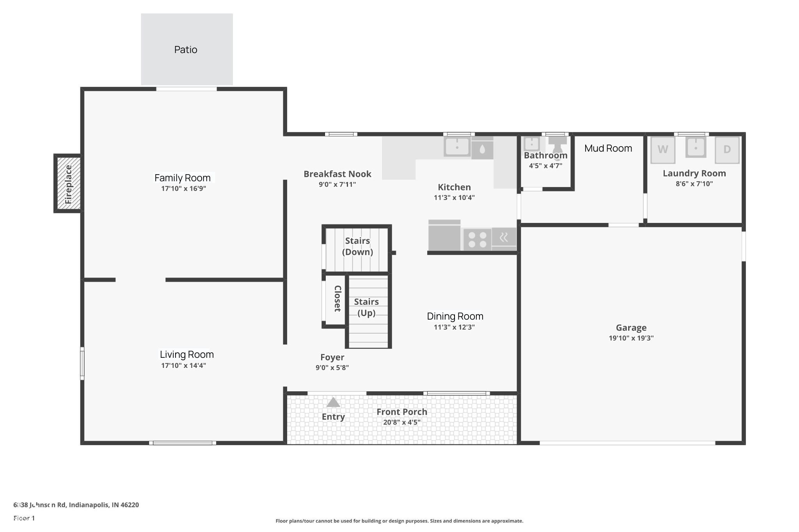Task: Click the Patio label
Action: [186, 50]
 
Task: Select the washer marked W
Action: [662, 150]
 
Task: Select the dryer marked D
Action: [727, 150]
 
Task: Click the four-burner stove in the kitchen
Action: [477, 240]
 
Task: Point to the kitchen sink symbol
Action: [457, 147]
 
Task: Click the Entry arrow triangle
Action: [333, 402]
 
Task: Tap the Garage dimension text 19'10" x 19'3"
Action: [631, 338]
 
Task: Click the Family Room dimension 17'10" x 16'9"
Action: [183, 189]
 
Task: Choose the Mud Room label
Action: [608, 148]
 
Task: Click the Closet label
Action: [337, 299]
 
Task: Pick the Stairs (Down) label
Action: [357, 246]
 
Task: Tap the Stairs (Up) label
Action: [366, 307]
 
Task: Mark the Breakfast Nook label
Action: [337, 174]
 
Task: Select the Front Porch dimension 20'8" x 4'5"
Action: [401, 422]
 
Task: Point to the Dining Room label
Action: [455, 316]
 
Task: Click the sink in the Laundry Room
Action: [696, 148]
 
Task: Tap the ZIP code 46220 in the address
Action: [130, 505]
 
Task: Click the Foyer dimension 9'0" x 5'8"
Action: [332, 368]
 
